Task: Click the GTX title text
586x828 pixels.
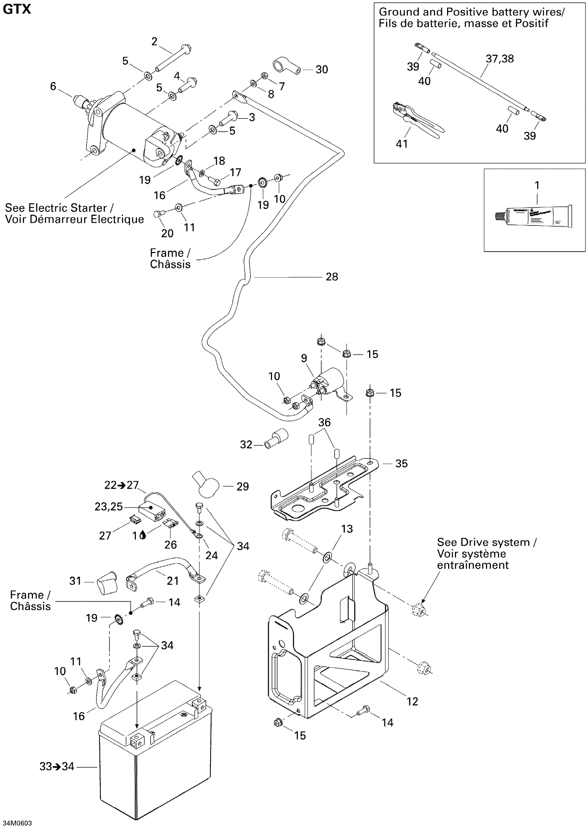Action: (17, 9)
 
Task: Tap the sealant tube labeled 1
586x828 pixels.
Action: (534, 217)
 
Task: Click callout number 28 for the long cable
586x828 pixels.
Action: (332, 277)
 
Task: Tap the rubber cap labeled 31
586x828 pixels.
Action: (107, 582)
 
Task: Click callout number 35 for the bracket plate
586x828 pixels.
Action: (401, 464)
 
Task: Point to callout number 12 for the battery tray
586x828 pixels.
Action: (412, 701)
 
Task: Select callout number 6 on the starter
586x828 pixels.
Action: (53, 86)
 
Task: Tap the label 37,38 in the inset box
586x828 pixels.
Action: (499, 59)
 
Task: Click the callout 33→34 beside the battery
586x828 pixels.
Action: (57, 766)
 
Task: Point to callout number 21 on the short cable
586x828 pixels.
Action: (172, 580)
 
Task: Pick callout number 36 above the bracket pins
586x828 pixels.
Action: (324, 422)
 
